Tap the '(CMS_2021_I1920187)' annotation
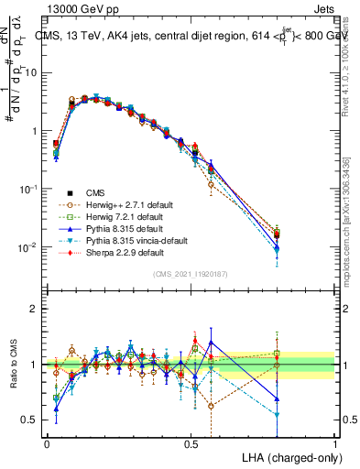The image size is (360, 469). pyautogui.click(x=191, y=274)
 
